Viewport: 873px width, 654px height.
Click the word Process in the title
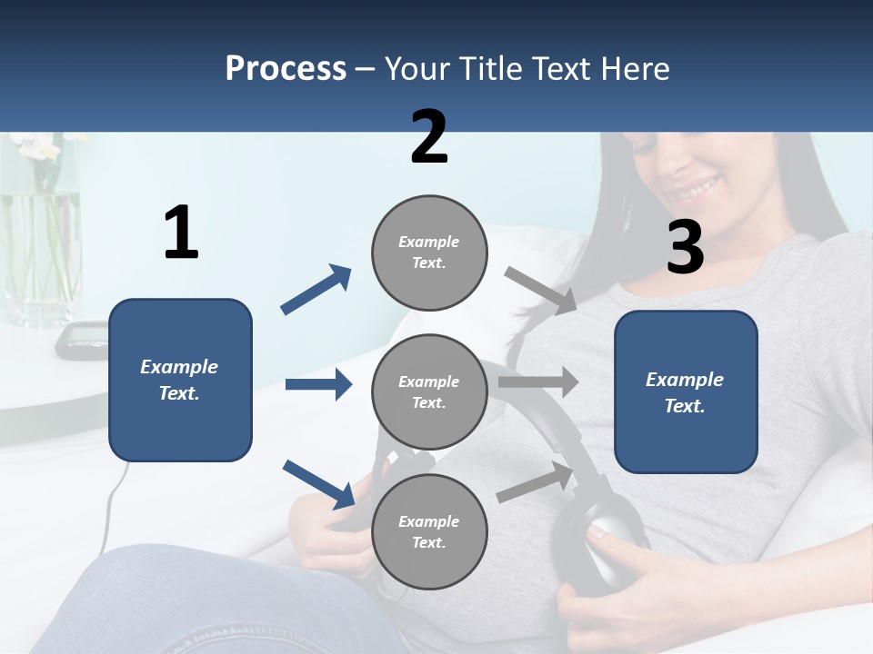click(x=286, y=69)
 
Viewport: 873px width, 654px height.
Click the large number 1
click(x=181, y=233)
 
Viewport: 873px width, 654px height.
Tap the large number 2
click(x=428, y=137)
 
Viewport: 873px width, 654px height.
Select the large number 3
click(x=685, y=247)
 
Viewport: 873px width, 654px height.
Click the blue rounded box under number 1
click(x=180, y=380)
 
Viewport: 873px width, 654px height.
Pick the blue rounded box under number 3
click(x=686, y=392)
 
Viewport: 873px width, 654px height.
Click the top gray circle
click(x=429, y=253)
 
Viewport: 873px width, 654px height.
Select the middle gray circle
click(x=429, y=392)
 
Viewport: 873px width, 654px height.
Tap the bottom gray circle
click(x=429, y=532)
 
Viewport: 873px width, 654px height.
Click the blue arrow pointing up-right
click(x=316, y=290)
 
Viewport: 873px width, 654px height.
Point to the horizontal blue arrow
click(x=318, y=384)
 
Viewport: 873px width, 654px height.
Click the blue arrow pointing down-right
click(x=318, y=484)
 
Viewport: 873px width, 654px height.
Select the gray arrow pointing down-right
click(x=540, y=291)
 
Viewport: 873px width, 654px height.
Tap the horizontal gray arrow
click(x=538, y=381)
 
